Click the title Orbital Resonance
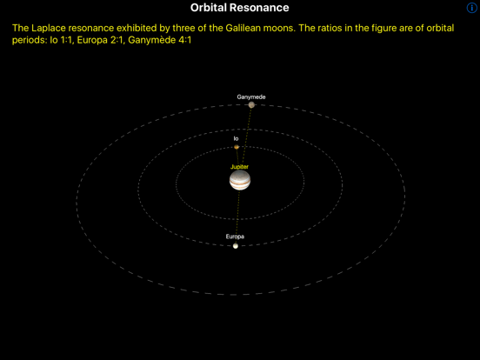[x=239, y=8]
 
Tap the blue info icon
[x=472, y=8]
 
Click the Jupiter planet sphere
[x=240, y=180]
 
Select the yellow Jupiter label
[x=239, y=166]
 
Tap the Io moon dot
[x=237, y=147]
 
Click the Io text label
[x=236, y=138]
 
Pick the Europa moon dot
[x=235, y=246]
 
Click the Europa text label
[x=235, y=237]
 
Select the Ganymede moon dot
[x=251, y=105]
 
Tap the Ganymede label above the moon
[x=251, y=97]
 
